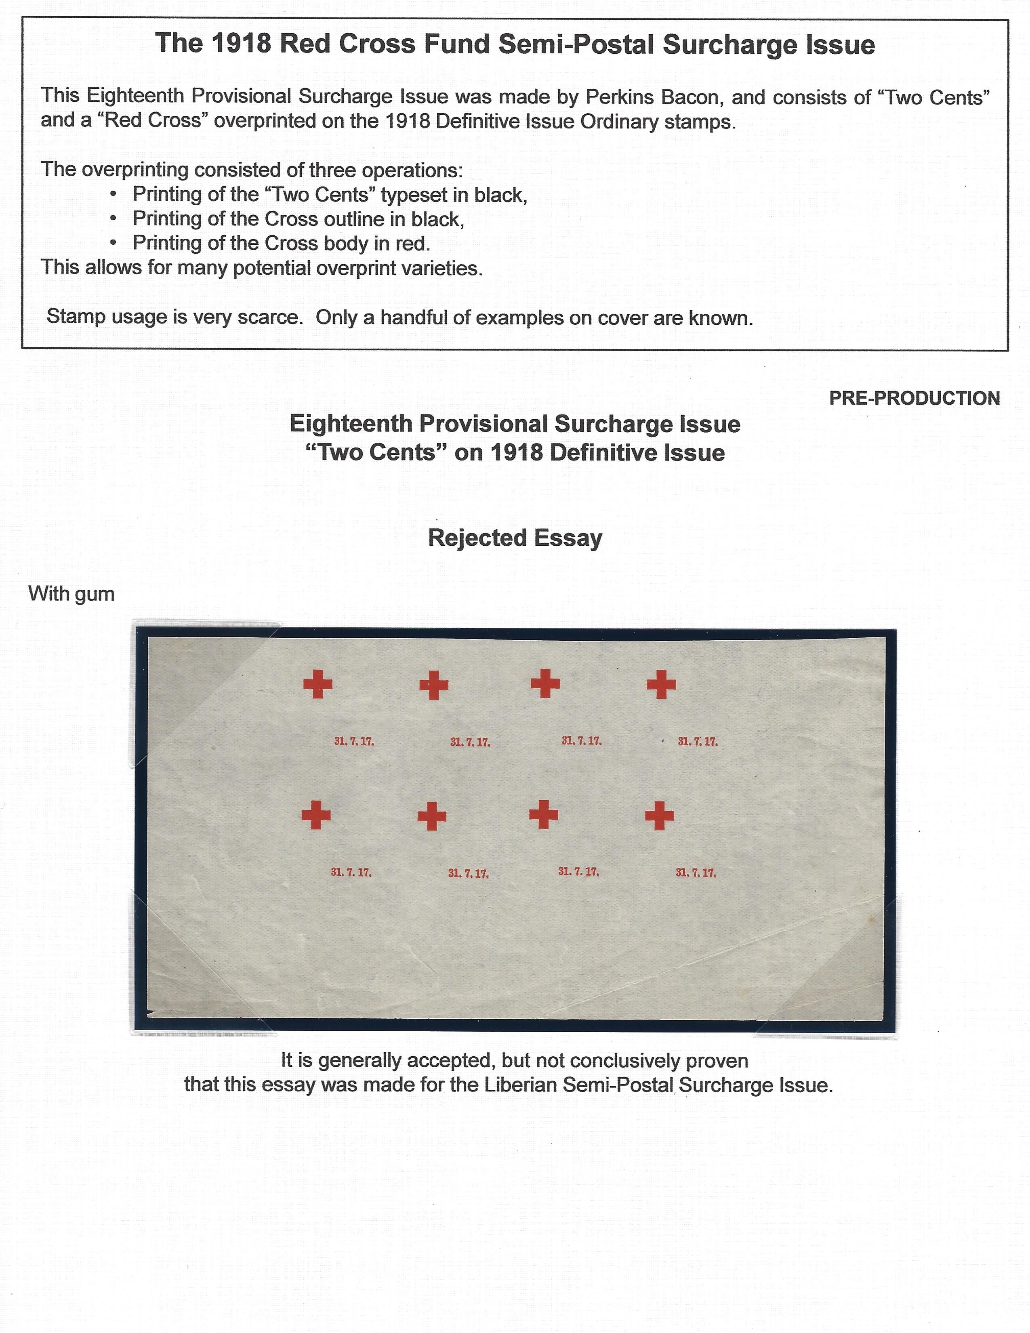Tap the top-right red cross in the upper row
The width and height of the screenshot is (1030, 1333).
click(662, 684)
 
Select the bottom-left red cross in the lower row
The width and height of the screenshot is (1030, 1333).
click(316, 816)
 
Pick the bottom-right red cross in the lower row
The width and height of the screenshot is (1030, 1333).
click(660, 816)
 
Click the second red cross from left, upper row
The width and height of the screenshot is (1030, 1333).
click(434, 685)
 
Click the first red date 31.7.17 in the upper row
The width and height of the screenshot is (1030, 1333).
click(354, 742)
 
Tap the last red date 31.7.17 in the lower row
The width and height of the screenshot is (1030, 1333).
click(696, 873)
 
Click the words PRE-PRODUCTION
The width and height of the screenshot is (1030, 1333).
click(914, 399)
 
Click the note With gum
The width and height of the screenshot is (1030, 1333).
click(71, 594)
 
